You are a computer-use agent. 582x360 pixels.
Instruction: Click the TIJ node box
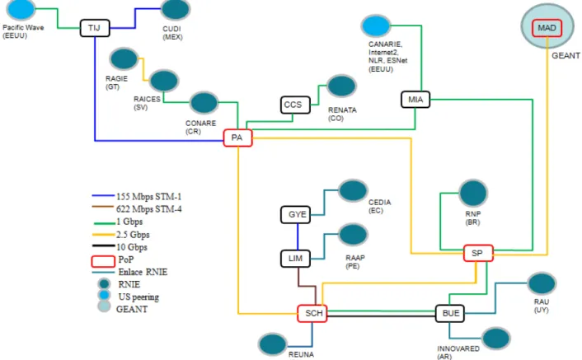coord(95,28)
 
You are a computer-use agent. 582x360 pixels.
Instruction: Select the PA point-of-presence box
coord(238,138)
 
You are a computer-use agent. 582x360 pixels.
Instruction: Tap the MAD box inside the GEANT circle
coord(547,28)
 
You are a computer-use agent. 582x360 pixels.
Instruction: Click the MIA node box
coord(415,100)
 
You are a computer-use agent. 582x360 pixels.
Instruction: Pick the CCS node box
coord(295,105)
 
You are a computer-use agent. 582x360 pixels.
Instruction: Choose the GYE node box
coord(295,215)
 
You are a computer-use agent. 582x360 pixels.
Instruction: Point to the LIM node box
coord(295,259)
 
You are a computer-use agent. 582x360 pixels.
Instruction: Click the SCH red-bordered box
coord(312,314)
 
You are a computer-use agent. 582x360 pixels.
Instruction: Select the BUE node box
coord(449,314)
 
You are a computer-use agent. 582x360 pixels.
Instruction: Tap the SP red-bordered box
coord(478,253)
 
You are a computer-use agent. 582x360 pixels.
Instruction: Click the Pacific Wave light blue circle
coord(21,9)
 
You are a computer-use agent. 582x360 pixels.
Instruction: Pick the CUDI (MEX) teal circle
coord(176,9)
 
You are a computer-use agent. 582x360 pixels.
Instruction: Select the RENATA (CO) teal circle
coord(341,86)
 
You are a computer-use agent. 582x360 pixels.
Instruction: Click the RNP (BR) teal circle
coord(473,193)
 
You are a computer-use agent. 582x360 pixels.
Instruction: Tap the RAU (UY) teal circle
coord(542,283)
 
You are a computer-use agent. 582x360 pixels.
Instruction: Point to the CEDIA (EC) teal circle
coord(353,191)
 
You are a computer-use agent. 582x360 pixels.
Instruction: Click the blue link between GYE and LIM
coord(298,237)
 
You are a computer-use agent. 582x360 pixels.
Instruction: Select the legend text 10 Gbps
coord(132,247)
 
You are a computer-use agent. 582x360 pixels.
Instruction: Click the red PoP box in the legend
coord(103,261)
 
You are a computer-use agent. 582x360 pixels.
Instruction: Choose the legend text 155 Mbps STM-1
coord(149,197)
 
